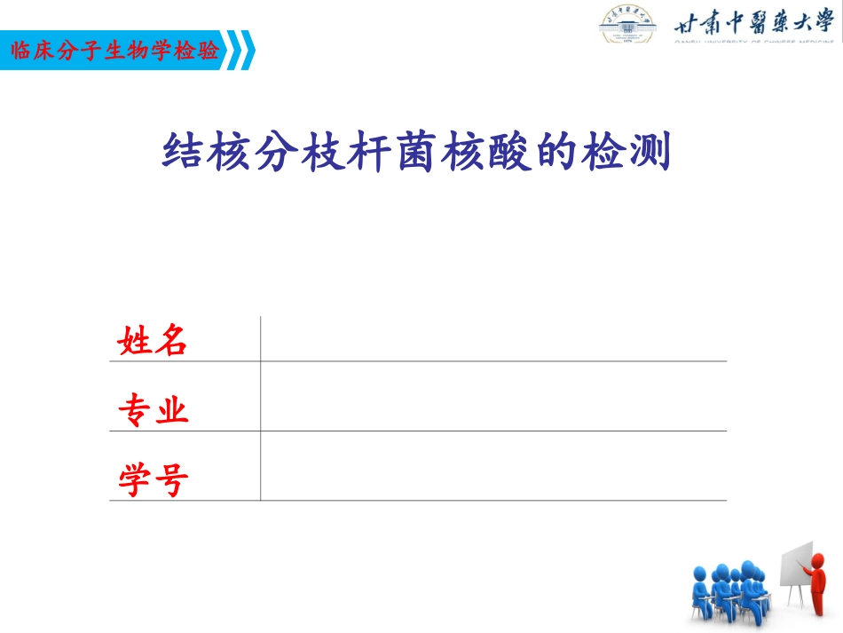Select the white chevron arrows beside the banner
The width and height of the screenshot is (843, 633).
(242, 51)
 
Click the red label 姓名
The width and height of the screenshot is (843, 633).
(153, 340)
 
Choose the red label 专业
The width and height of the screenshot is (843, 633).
(153, 411)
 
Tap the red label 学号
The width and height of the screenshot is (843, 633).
(153, 480)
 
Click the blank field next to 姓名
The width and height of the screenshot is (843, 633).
(492, 339)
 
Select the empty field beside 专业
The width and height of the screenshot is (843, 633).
(492, 397)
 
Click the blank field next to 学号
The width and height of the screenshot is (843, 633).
(492, 466)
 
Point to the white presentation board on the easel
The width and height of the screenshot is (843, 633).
(796, 565)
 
